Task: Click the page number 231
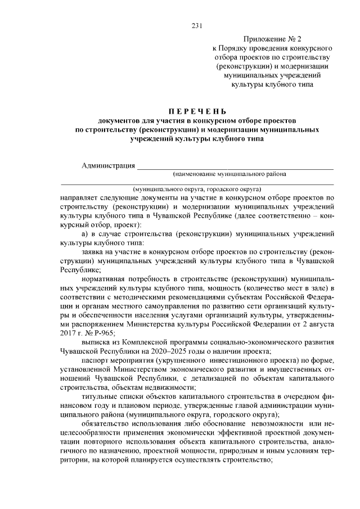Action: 197,26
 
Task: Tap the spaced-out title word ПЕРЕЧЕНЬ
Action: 196,111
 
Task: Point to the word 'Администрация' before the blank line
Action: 108,165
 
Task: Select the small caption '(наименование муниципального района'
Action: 230,174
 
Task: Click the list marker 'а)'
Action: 85,233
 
